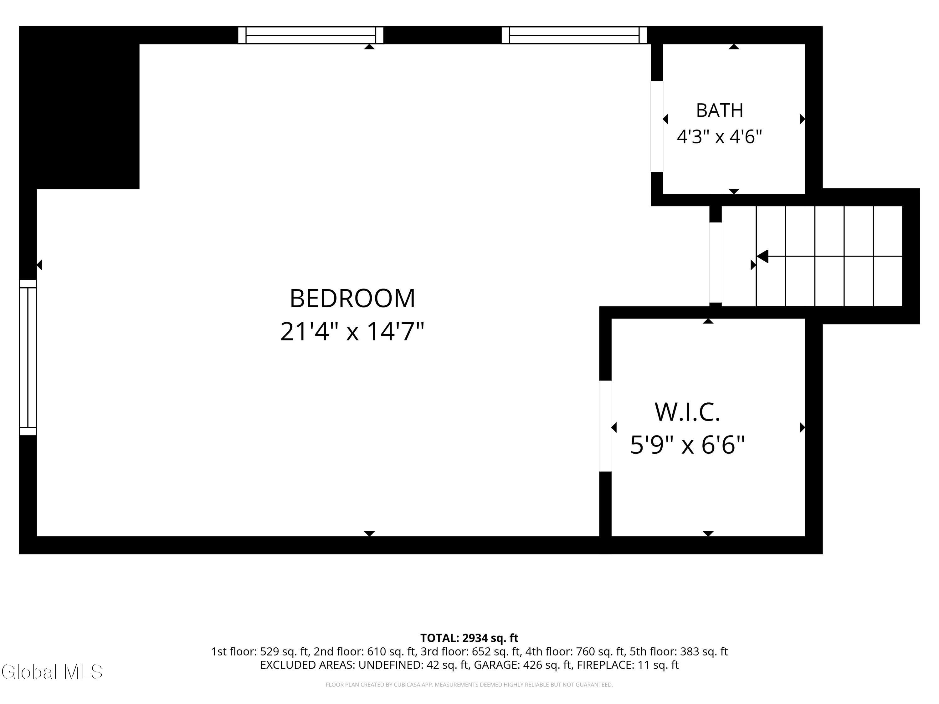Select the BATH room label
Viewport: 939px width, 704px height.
click(720, 110)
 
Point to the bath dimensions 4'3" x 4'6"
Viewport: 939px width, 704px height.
click(720, 137)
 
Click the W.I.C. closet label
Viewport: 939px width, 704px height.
click(687, 412)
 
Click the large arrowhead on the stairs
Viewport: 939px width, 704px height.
click(762, 256)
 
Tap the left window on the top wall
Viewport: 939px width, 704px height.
click(311, 35)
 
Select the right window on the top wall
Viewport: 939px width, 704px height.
click(574, 35)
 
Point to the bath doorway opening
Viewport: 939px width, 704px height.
click(657, 126)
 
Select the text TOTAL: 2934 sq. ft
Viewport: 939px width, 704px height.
click(469, 638)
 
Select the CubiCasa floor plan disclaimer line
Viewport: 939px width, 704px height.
click(469, 685)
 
